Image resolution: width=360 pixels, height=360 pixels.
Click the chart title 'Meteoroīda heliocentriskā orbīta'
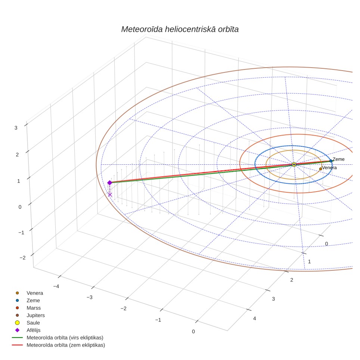[180, 30]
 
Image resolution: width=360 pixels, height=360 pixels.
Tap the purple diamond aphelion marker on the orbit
[110, 183]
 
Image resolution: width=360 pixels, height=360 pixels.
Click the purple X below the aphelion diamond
[110, 195]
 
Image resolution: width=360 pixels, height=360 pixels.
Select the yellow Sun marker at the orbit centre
[294, 164]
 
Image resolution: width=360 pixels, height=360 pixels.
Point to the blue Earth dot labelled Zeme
[331, 161]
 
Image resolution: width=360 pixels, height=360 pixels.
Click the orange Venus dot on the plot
[320, 169]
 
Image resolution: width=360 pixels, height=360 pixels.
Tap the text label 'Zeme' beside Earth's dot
[338, 159]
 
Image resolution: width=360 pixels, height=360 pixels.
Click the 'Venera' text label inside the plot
[329, 168]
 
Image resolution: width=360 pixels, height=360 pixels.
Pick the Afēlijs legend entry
[28, 330]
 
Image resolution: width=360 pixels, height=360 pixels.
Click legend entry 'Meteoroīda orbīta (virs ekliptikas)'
[58, 338]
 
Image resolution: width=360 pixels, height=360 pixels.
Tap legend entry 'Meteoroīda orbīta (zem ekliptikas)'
[59, 345]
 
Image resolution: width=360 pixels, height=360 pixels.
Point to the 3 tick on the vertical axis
[16, 128]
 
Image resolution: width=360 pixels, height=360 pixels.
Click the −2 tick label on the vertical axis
[22, 258]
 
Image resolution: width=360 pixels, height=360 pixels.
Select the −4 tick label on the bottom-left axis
[56, 286]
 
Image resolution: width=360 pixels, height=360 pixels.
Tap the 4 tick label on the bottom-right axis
[254, 319]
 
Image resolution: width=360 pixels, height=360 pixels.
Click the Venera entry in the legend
[29, 293]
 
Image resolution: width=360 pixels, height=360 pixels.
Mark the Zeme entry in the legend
[28, 301]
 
